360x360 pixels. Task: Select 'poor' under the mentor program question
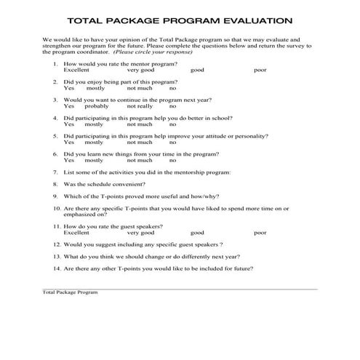260,71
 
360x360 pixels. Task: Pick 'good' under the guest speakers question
197,233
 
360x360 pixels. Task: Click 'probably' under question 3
96,106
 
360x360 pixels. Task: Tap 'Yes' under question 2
68,88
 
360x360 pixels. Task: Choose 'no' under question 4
173,124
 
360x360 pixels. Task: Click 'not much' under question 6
140,160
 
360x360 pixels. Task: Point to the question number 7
56,172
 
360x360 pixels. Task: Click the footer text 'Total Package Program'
70,292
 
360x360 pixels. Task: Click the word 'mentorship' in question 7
175,172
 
